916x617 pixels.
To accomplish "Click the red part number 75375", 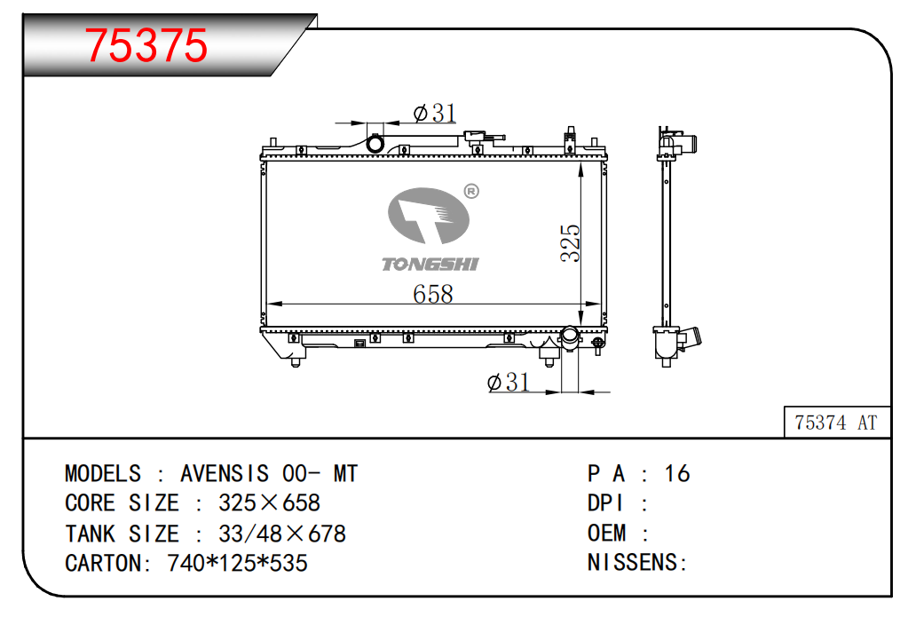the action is click(146, 45).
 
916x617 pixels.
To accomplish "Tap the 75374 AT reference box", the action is click(836, 422).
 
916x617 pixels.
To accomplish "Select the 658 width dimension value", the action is click(433, 293).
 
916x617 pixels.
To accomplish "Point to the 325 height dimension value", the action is click(570, 242).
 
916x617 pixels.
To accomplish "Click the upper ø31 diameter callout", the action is click(435, 113).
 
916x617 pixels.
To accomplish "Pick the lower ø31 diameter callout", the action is click(509, 382).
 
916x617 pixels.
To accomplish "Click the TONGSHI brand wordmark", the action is click(430, 264).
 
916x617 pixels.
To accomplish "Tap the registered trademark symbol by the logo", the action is click(471, 191).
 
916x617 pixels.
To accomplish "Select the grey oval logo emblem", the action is click(429, 216).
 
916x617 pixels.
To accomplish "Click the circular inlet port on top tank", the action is click(375, 143).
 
